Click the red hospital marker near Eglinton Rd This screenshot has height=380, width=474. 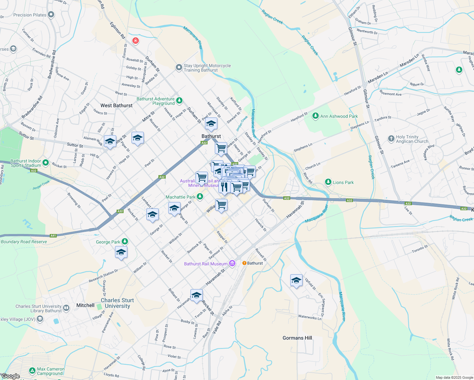click(x=136, y=41)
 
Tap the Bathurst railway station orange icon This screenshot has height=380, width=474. click(x=244, y=263)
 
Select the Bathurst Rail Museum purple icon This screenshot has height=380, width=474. click(x=232, y=263)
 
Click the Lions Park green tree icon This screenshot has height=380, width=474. click(x=328, y=182)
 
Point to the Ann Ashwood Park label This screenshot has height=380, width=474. click(x=339, y=116)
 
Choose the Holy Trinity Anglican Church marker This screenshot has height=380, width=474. click(x=391, y=139)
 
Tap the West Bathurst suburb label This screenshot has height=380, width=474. click(x=116, y=105)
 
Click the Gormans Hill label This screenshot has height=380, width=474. click(x=297, y=338)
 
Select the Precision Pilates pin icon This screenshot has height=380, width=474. click(x=51, y=15)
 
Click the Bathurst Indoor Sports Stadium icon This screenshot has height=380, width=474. click(x=46, y=163)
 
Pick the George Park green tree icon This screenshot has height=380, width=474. click(x=125, y=242)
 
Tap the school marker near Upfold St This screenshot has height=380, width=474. click(x=296, y=281)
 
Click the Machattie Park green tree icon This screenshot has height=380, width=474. click(x=200, y=197)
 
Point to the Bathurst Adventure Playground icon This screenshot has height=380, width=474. click(x=179, y=101)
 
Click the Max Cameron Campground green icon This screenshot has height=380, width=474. click(x=32, y=370)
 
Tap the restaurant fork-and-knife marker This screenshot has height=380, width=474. click(x=224, y=187)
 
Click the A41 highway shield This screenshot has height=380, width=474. click(x=53, y=236)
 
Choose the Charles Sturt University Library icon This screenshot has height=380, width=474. click(x=66, y=308)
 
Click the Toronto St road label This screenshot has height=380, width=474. click(x=420, y=249)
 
